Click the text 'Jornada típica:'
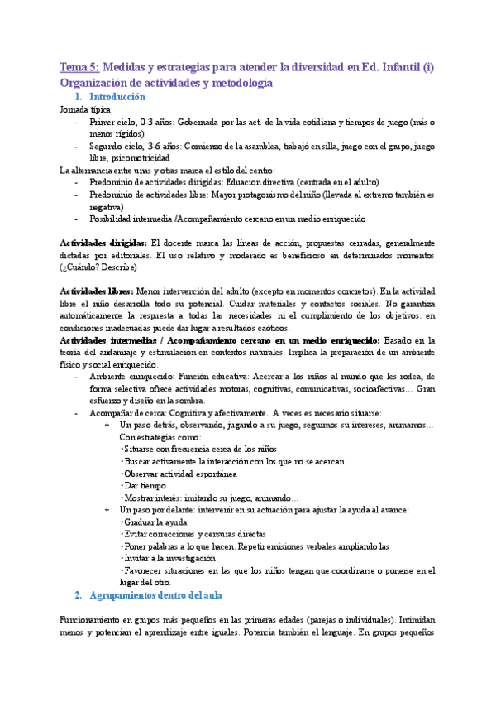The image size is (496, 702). click(88, 108)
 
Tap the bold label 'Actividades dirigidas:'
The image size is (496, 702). click(104, 243)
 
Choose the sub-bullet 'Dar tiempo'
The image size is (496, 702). click(145, 485)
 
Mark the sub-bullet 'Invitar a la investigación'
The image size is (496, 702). click(169, 558)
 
